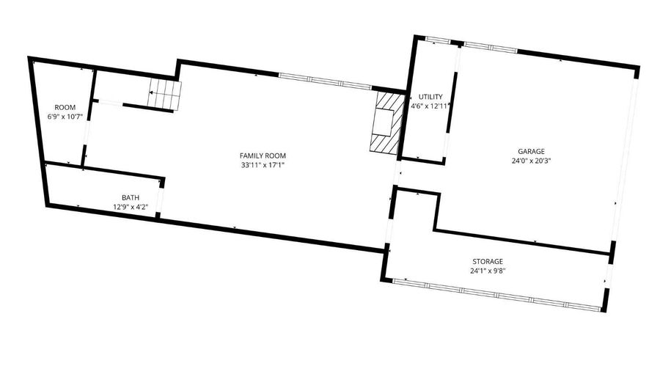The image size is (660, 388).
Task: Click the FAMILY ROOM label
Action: click(x=263, y=155)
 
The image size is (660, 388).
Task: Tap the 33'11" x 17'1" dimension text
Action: click(x=263, y=165)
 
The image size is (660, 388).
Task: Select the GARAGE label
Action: click(x=531, y=152)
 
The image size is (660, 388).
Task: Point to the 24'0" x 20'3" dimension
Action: click(x=531, y=161)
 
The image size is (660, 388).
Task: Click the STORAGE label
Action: click(x=488, y=261)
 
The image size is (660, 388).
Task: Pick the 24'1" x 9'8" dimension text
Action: click(x=488, y=271)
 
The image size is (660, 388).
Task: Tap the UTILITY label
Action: click(x=430, y=97)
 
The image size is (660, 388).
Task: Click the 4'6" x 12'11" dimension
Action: click(x=430, y=106)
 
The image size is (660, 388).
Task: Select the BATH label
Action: click(x=131, y=198)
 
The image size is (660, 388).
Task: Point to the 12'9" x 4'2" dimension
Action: click(x=131, y=207)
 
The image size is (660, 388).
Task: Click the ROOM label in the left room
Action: click(x=65, y=107)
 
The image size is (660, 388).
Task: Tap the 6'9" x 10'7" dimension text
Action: click(x=65, y=117)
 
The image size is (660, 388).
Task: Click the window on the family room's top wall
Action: click(x=325, y=81)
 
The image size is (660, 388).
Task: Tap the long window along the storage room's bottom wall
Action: click(x=496, y=295)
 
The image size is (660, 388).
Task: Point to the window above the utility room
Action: click(x=438, y=40)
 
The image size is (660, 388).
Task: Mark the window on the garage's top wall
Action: click(x=491, y=47)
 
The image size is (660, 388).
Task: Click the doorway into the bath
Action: click(x=160, y=200)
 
